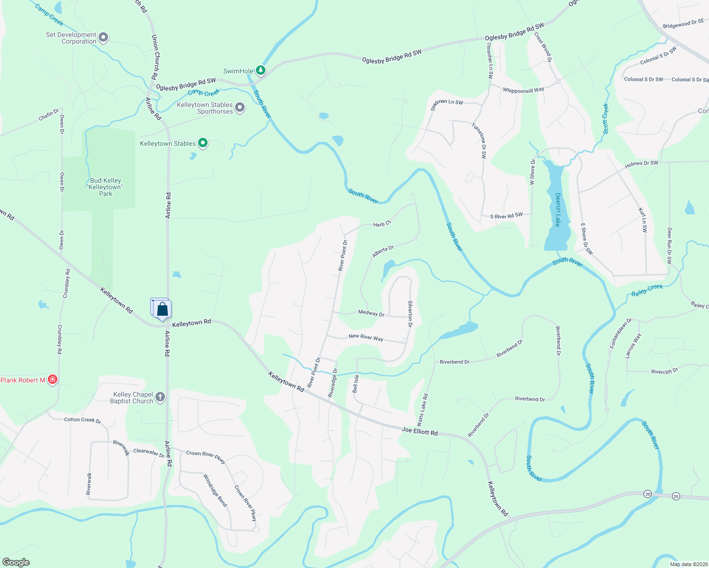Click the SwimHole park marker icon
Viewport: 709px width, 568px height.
pyautogui.click(x=260, y=71)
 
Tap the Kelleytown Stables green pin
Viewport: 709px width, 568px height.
pyautogui.click(x=203, y=143)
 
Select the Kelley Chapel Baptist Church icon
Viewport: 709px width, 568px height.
pyautogui.click(x=160, y=397)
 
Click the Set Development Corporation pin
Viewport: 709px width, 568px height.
pyautogui.click(x=103, y=37)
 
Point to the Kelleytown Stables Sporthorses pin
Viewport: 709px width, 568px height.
pyautogui.click(x=240, y=107)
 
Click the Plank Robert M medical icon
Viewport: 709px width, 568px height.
pyautogui.click(x=53, y=380)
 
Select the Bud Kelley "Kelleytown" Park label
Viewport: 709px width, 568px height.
pyautogui.click(x=106, y=187)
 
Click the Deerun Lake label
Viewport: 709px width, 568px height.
pyautogui.click(x=558, y=210)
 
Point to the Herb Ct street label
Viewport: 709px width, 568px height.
pyautogui.click(x=382, y=223)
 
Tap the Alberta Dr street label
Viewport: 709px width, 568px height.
pyautogui.click(x=383, y=251)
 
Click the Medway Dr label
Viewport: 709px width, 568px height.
pyautogui.click(x=371, y=313)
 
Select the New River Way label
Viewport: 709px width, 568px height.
pyautogui.click(x=366, y=337)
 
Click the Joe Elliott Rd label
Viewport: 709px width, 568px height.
pyautogui.click(x=419, y=431)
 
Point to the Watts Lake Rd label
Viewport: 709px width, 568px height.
pyautogui.click(x=422, y=409)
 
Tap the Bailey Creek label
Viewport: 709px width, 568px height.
pyautogui.click(x=647, y=290)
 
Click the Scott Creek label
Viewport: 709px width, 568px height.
pyautogui.click(x=605, y=118)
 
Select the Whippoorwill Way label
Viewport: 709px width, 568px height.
pyautogui.click(x=523, y=90)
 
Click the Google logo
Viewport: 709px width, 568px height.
pyautogui.click(x=16, y=562)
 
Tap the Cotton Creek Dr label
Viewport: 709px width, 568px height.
pyautogui.click(x=82, y=420)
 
